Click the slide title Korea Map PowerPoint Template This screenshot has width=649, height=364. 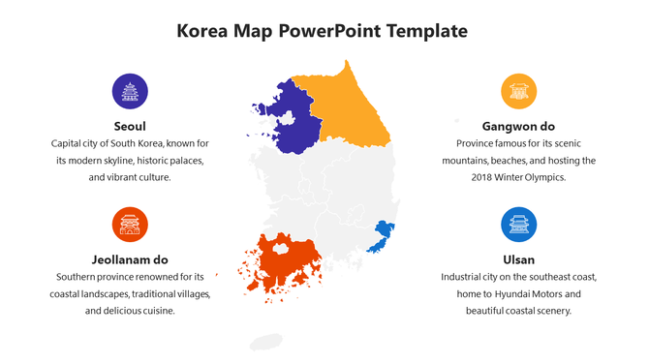click(x=323, y=31)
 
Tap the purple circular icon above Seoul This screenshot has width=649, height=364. click(x=130, y=91)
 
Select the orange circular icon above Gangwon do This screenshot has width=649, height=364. click(x=518, y=91)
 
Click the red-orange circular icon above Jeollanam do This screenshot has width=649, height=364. click(x=130, y=225)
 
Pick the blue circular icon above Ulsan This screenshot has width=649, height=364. click(x=518, y=225)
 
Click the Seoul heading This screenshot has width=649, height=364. click(x=130, y=126)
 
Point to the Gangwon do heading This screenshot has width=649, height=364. click(x=518, y=126)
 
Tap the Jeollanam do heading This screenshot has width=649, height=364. click(x=130, y=259)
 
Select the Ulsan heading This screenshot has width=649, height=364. click(x=518, y=259)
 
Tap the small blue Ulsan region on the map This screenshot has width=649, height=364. click(x=384, y=233)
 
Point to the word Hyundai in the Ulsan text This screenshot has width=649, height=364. click(x=527, y=294)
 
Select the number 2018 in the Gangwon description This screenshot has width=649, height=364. click(x=484, y=178)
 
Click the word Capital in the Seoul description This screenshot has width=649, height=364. click(x=69, y=143)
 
